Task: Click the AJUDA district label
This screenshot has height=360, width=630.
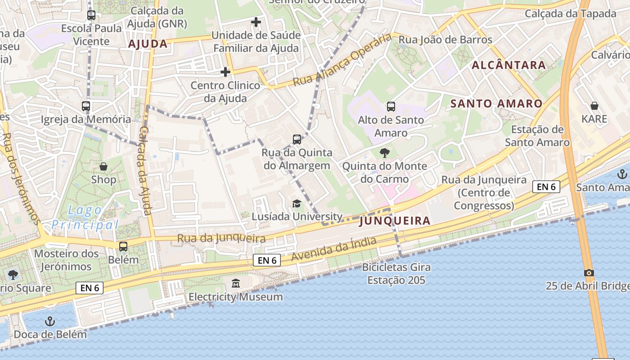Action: [148, 44]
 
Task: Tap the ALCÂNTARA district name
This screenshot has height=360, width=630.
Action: [508, 65]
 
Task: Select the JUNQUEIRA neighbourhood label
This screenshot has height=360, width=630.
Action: [395, 221]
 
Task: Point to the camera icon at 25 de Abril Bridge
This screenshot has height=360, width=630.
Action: [589, 273]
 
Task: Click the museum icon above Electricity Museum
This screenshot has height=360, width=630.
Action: [236, 283]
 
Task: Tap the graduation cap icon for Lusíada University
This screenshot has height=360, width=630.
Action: [297, 204]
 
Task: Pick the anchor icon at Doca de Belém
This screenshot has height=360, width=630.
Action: [50, 321]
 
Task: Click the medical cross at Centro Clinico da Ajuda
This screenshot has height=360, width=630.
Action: [225, 72]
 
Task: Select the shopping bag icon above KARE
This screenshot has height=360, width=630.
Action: [594, 106]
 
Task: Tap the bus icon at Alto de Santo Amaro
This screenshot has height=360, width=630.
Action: [391, 107]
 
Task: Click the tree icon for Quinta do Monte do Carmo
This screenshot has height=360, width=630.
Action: [385, 153]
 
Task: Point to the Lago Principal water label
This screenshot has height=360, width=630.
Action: [85, 217]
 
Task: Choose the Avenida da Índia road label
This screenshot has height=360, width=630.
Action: [333, 249]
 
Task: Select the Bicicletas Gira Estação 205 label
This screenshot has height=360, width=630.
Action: [396, 274]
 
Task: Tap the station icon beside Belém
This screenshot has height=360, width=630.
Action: [123, 247]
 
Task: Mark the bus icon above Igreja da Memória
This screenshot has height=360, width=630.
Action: [86, 107]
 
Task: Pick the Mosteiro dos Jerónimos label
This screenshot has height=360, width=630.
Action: [66, 260]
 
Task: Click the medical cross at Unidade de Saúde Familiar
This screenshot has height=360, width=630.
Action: [256, 22]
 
